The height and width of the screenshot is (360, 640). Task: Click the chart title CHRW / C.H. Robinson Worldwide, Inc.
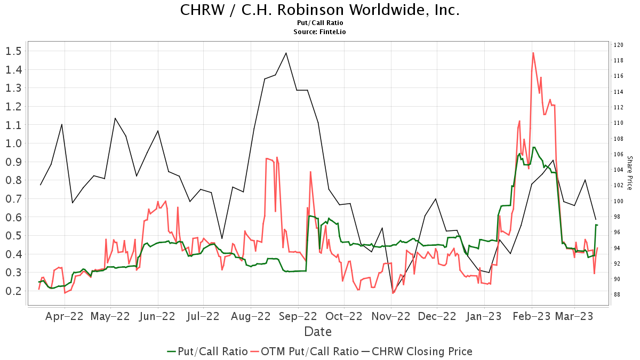point(319,10)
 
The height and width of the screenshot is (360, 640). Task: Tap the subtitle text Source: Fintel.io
point(319,32)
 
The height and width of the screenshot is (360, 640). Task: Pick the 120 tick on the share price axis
point(619,45)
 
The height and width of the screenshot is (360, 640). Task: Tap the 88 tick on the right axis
point(617,294)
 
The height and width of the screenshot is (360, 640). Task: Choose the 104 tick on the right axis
point(619,170)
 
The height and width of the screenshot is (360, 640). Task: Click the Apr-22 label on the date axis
point(65,316)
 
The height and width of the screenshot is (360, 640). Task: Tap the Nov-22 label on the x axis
point(391,316)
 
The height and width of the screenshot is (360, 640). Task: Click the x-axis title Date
point(318,332)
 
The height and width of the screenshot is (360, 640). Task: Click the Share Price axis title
point(629,173)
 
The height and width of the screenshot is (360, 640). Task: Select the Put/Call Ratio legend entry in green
point(207,351)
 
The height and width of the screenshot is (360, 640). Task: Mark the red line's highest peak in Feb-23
point(533,52)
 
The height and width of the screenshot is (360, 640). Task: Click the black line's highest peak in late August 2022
point(286,53)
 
